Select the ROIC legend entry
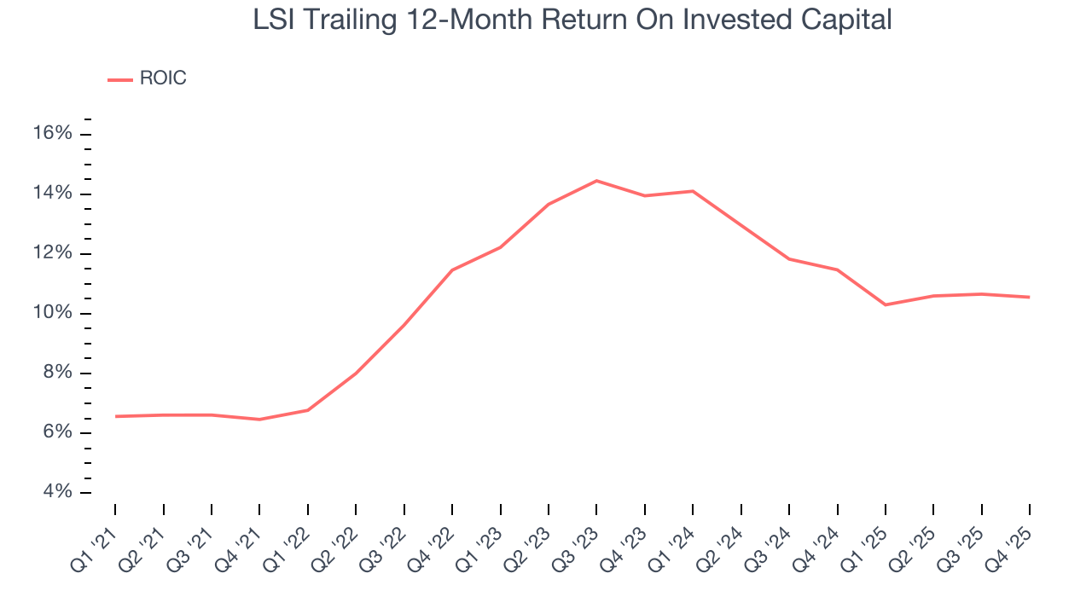click(x=147, y=78)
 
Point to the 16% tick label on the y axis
click(x=53, y=134)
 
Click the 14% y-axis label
click(x=53, y=194)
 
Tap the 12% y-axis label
click(x=53, y=253)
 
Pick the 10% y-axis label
click(x=53, y=313)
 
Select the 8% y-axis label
click(x=57, y=373)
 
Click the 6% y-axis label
click(x=57, y=432)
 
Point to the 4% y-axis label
click(x=57, y=492)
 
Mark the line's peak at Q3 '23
click(x=596, y=181)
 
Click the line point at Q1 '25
click(x=885, y=304)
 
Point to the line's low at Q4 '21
click(x=259, y=420)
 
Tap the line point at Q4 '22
click(x=451, y=270)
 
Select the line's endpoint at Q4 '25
click(x=1029, y=297)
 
